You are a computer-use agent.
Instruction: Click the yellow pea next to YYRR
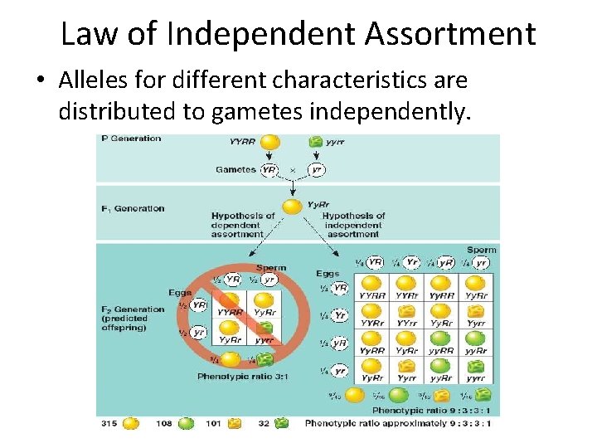pos(270,142)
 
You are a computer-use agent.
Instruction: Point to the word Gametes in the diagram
pos(235,169)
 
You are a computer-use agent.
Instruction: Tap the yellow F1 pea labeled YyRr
pos(292,207)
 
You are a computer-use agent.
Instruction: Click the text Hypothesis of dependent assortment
pos(242,225)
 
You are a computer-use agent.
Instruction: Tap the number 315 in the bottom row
pos(108,423)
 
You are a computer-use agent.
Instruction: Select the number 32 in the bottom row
pos(264,423)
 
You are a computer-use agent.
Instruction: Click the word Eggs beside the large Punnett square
pos(328,273)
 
